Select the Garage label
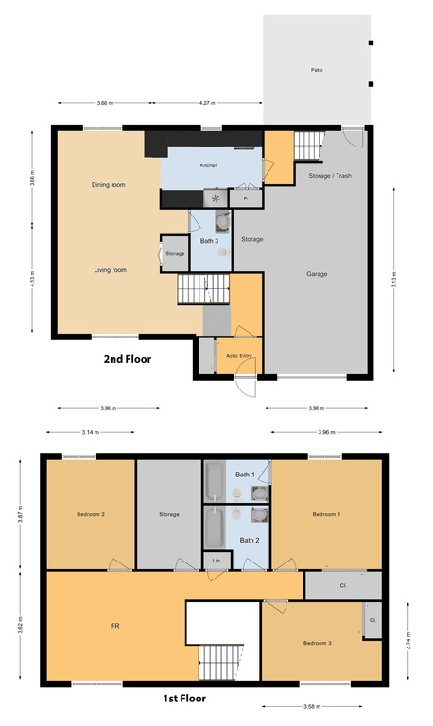click(x=317, y=273)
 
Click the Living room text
click(x=110, y=270)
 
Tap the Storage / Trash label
click(x=329, y=176)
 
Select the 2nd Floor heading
click(x=128, y=359)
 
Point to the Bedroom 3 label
click(x=317, y=642)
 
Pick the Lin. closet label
click(x=216, y=562)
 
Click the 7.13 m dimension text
click(x=395, y=280)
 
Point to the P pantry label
click(x=245, y=199)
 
